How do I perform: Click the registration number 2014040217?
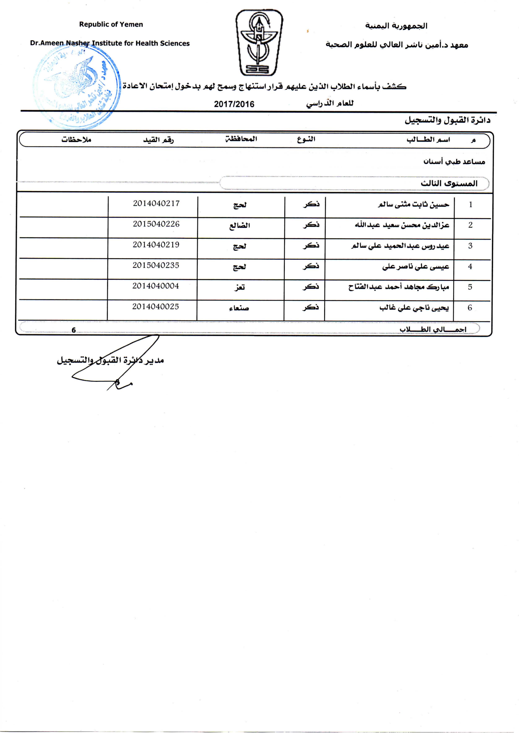point(156,203)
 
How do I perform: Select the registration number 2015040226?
point(156,224)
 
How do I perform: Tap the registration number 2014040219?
point(156,245)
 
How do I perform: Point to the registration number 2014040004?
point(156,286)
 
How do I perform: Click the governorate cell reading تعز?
point(239,287)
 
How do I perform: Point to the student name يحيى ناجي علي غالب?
point(414,308)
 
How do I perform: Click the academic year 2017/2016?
point(234,104)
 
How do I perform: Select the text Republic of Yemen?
point(111,25)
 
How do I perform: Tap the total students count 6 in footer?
point(74,330)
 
